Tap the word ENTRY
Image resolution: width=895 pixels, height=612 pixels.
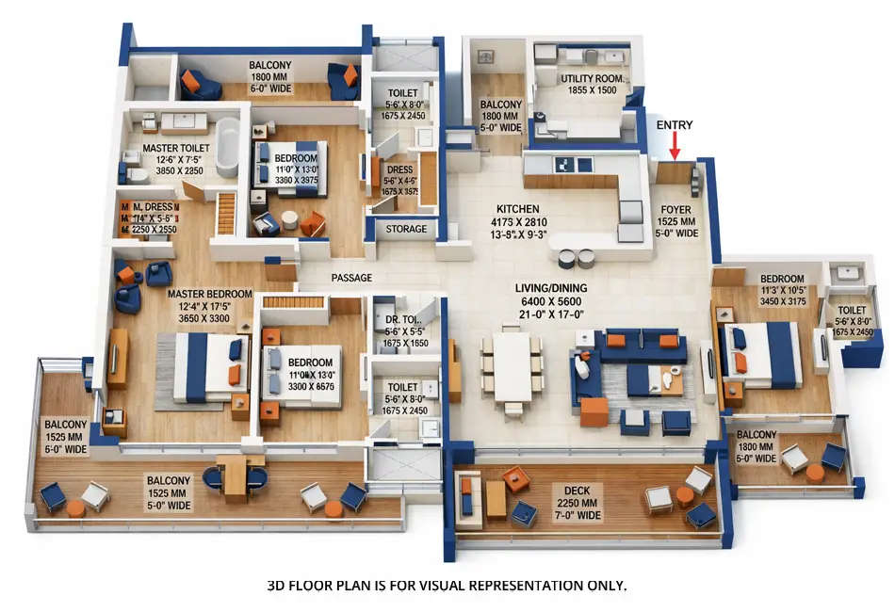[x=675, y=125]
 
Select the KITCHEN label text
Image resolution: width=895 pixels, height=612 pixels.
[x=518, y=209]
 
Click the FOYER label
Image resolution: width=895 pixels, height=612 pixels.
[x=676, y=211]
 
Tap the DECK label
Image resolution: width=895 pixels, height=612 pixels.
[x=577, y=490]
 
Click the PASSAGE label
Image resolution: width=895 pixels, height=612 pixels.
[x=351, y=278]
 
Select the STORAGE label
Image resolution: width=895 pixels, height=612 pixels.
[x=406, y=229]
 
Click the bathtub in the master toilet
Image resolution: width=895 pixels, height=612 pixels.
[x=227, y=148]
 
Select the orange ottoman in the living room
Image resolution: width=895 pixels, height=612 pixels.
[x=594, y=411]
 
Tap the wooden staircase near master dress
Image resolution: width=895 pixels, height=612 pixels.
[x=225, y=213]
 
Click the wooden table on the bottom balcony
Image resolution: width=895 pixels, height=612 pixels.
[x=237, y=476]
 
